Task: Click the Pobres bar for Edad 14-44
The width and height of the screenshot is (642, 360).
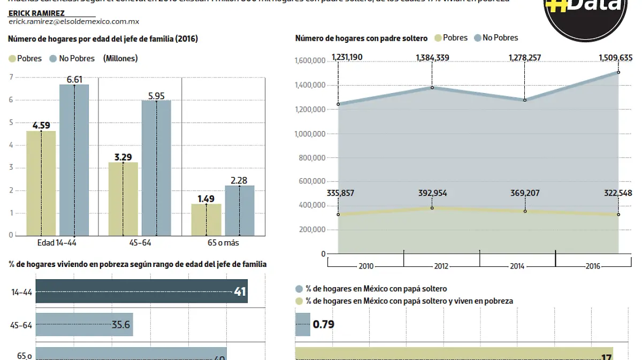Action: tap(41, 183)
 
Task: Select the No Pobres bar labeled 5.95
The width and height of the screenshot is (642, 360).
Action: tap(156, 168)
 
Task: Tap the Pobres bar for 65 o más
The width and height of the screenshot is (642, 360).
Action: tap(206, 219)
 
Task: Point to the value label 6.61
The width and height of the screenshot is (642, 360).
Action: tap(74, 79)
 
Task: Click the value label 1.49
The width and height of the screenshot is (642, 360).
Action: tap(206, 198)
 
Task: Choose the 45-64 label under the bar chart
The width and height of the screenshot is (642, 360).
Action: tap(140, 243)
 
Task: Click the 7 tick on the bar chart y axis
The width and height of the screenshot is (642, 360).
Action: tap(11, 77)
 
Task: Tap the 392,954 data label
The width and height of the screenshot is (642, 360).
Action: tap(433, 193)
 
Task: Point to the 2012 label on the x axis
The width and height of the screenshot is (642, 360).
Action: tap(441, 266)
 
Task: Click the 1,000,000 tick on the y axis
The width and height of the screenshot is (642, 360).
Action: tap(310, 134)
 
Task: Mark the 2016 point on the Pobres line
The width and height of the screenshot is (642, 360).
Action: tap(618, 215)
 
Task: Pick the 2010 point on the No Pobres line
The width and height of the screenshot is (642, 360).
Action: tap(338, 104)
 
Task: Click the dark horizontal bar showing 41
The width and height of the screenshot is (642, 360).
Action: tap(141, 291)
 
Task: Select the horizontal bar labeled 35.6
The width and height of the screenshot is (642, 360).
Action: tap(84, 325)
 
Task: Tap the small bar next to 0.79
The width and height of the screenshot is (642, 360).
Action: tap(302, 324)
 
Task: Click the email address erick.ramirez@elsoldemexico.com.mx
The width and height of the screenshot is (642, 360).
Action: tap(74, 22)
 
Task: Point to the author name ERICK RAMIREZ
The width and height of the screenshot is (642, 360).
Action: tap(36, 13)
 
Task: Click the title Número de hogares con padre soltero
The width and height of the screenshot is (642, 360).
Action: tap(361, 38)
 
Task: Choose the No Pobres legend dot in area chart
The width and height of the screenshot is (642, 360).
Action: tap(477, 38)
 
